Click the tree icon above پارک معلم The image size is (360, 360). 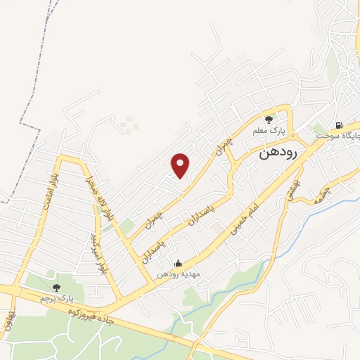pyautogui.click(x=268, y=120)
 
